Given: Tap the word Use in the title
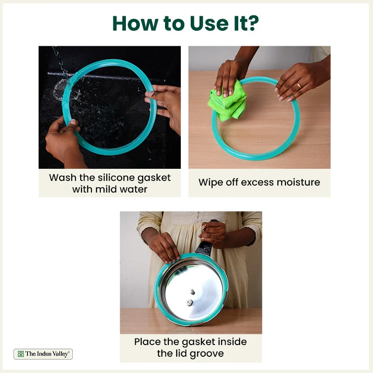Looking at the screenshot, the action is [x=209, y=23].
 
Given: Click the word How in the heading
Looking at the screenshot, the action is [x=135, y=23].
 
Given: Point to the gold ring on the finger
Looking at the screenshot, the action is [x=299, y=85].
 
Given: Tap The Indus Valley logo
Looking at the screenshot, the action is [x=43, y=354].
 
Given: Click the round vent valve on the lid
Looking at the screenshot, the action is [x=189, y=302].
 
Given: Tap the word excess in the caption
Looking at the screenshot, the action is [x=257, y=182].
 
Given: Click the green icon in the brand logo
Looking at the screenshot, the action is [x=21, y=354].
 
